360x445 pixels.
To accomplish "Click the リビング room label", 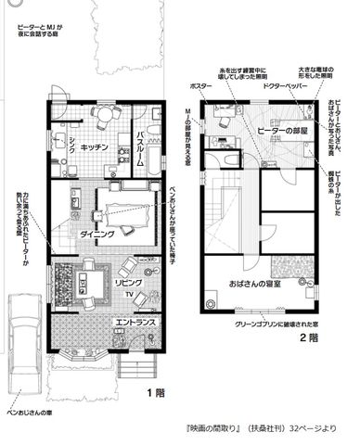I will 127,279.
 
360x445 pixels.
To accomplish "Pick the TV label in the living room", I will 128,298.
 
